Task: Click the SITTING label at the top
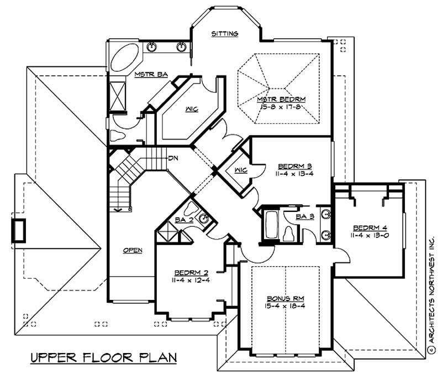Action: (x=225, y=34)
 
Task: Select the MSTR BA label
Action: (x=143, y=74)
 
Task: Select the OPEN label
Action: (x=133, y=250)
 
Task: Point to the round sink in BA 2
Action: (x=205, y=219)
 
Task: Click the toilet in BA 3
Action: (x=288, y=235)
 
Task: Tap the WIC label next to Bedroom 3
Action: (x=239, y=169)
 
